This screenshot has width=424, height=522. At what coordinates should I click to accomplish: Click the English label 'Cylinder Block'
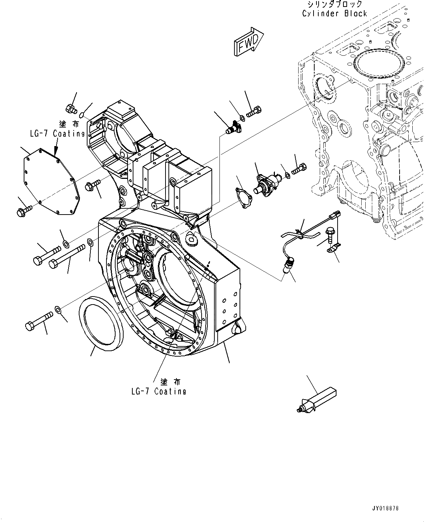coord(334,13)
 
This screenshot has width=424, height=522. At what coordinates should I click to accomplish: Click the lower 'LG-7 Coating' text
coord(159,392)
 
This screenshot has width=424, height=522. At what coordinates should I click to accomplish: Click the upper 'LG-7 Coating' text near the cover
coord(57,133)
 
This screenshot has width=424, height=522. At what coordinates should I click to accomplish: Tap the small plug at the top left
coord(70,108)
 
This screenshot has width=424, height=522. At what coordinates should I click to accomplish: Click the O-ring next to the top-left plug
coord(83,115)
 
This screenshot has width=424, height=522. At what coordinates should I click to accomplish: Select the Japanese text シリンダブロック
coord(335,4)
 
